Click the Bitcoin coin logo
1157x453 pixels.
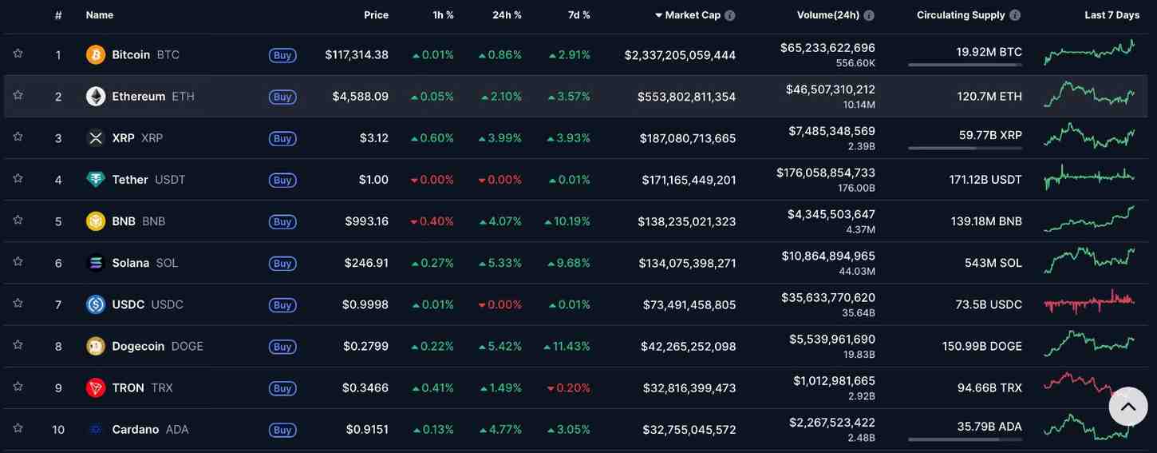[x=96, y=55]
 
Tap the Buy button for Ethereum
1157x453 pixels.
[x=282, y=97]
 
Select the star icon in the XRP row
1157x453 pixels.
[x=18, y=137]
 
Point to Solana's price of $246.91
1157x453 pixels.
[x=366, y=263]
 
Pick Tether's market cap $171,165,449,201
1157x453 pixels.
[x=689, y=180]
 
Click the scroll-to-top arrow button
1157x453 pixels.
[x=1127, y=407]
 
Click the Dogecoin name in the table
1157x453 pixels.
[x=138, y=346]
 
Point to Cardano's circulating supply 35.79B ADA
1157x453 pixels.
[x=989, y=426]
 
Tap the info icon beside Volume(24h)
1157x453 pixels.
[x=869, y=15]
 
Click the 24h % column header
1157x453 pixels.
[x=507, y=15]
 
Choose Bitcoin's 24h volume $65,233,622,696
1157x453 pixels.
[x=827, y=48]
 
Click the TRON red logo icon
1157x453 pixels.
[x=96, y=387]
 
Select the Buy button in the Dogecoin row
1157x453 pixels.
[x=282, y=347]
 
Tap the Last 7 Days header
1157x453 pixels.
[x=1112, y=15]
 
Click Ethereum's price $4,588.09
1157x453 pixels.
[x=360, y=97]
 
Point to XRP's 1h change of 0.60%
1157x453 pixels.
[x=432, y=138]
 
